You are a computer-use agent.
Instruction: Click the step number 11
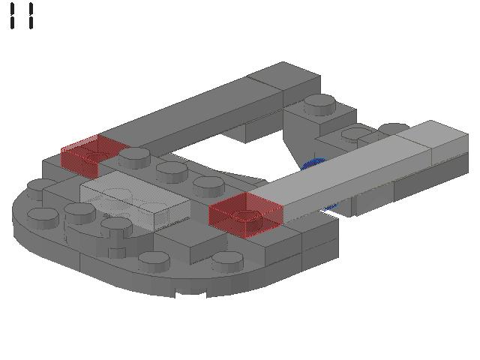tap(22, 16)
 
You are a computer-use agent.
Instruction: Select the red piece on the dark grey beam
tap(91, 156)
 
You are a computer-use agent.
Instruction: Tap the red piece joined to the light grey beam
tap(245, 214)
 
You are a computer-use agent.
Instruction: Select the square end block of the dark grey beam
tap(285, 81)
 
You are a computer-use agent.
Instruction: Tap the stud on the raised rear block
tap(319, 105)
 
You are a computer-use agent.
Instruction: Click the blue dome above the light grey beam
tap(313, 163)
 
